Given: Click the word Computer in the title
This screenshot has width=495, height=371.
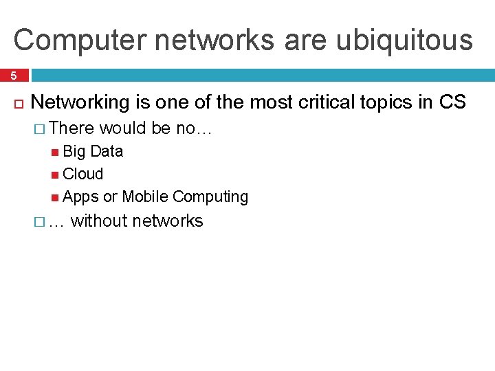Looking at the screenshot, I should click(x=65, y=40).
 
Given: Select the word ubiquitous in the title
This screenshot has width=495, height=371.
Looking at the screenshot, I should click(x=404, y=40).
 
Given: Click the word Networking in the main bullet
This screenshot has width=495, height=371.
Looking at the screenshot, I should click(x=80, y=102).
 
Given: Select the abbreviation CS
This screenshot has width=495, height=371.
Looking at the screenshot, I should click(x=452, y=102).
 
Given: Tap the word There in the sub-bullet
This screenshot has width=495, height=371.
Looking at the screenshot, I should click(x=74, y=128).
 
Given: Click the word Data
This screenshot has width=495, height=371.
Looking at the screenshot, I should click(x=107, y=151).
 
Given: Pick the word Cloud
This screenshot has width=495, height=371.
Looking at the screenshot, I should click(x=82, y=174).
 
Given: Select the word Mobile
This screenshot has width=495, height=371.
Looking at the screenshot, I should click(x=145, y=196).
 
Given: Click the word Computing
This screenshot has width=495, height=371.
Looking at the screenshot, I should click(x=210, y=196).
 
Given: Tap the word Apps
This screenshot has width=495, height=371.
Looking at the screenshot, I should click(x=80, y=196).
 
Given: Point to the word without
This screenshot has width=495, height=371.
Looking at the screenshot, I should click(x=99, y=221).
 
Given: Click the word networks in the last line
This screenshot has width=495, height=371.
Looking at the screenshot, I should click(x=168, y=221).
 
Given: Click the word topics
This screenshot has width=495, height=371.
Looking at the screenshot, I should click(x=388, y=102).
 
